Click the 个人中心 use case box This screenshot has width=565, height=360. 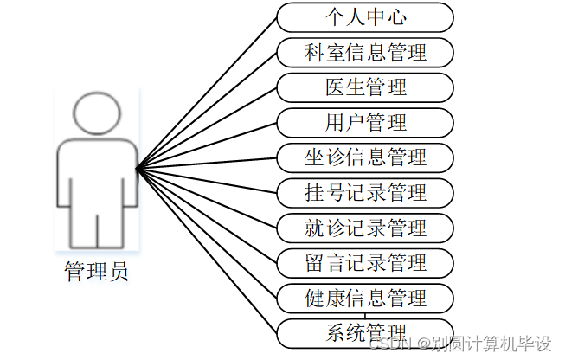click(365, 16)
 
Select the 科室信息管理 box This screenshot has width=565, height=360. click(365, 52)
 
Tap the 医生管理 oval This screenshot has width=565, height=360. click(365, 87)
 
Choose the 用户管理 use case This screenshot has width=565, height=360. click(365, 122)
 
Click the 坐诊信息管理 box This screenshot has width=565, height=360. click(365, 157)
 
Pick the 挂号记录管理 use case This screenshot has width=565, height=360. click(365, 192)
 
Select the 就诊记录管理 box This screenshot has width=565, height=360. click(365, 228)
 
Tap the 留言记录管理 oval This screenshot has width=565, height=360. click(365, 262)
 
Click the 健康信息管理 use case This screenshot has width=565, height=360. click(365, 298)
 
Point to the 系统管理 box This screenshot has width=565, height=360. click(365, 332)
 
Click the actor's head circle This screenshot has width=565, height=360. click(96, 112)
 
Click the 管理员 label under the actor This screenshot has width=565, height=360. click(96, 272)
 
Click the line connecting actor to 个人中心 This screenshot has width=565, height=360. click(208, 90)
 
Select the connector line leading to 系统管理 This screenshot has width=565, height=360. click(208, 250)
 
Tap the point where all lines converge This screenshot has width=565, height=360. click(138, 166)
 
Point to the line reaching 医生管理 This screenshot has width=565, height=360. click(208, 126)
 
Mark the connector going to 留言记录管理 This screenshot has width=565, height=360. click(208, 215)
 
